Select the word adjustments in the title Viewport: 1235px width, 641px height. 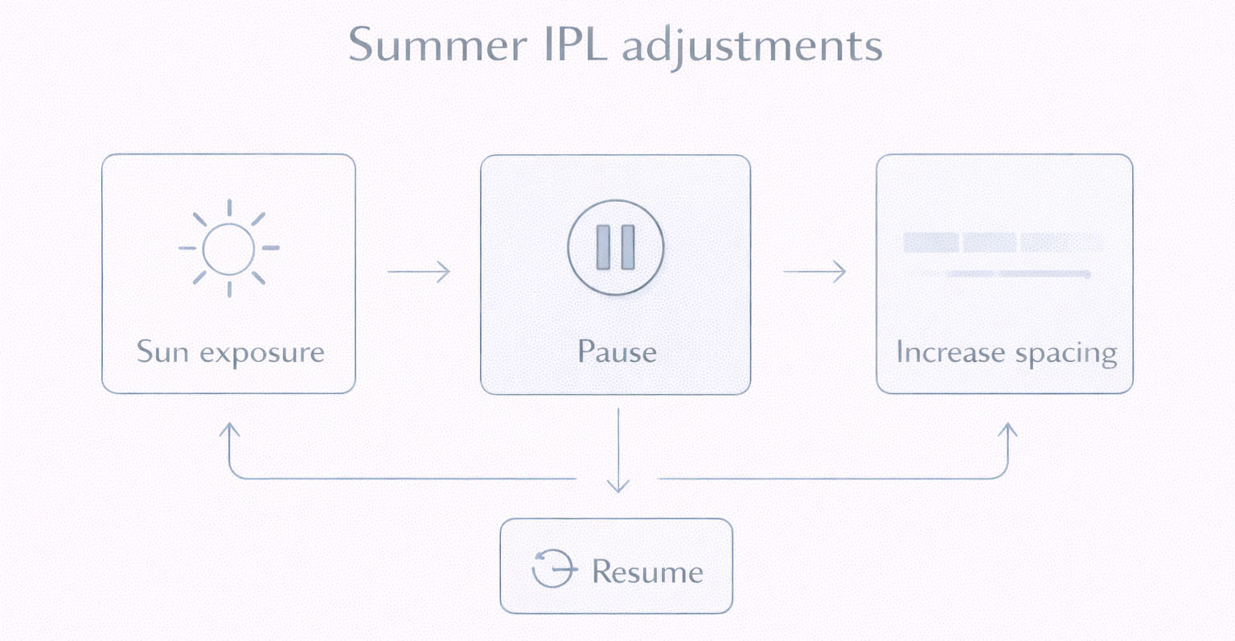coord(752,47)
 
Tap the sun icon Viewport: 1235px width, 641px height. coord(229,248)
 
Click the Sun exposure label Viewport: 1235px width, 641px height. coord(230,352)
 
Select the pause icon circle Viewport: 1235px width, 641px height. coord(616,247)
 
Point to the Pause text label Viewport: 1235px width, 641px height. coord(617,352)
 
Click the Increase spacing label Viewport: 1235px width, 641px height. coord(1006,353)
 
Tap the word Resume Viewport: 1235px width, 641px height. coord(647,572)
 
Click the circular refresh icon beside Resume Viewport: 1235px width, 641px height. coord(553,568)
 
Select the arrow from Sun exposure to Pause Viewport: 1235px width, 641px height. coord(418,272)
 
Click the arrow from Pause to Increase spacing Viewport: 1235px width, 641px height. coord(814,272)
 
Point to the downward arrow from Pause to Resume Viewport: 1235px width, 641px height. coord(617,450)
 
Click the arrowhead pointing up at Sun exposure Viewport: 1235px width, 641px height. coord(230,429)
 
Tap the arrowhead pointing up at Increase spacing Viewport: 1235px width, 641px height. coord(1007,429)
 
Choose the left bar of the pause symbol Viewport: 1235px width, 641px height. coord(603,247)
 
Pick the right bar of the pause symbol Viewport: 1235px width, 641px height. coord(628,247)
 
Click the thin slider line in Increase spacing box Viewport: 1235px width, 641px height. coord(1017,274)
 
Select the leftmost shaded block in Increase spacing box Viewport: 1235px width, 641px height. coord(931,242)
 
